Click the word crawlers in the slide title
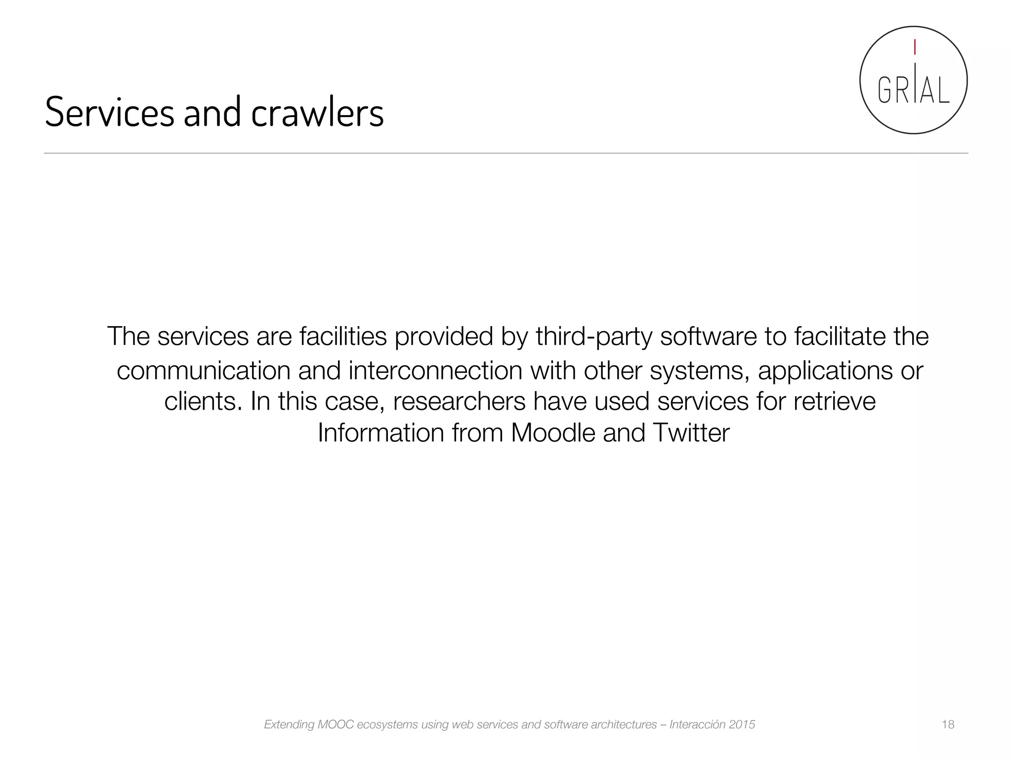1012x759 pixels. (x=317, y=113)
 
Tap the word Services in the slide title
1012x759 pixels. (x=110, y=112)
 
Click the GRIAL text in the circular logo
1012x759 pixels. (x=914, y=90)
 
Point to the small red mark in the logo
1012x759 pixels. (x=915, y=47)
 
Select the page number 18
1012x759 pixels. (x=948, y=724)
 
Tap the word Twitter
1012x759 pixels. (x=690, y=433)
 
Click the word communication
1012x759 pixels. (x=204, y=371)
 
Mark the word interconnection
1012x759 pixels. (x=435, y=371)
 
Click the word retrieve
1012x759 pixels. (x=835, y=401)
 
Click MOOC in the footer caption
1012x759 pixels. (x=336, y=725)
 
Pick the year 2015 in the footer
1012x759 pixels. (x=742, y=725)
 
